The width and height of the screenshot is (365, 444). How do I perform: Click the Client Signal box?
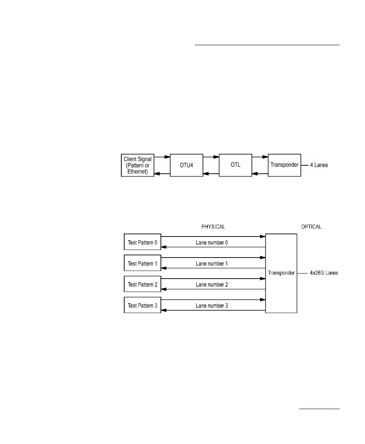[138, 165]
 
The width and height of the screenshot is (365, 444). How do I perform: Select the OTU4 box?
[186, 165]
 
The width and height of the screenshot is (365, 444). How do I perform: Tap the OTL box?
[235, 165]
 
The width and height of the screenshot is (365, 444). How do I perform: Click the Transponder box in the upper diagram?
[284, 165]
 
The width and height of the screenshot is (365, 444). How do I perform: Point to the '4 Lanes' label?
[319, 165]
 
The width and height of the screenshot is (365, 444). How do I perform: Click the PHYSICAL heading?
[213, 227]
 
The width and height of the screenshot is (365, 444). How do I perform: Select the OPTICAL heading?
[311, 227]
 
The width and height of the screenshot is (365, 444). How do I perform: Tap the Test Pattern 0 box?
[142, 242]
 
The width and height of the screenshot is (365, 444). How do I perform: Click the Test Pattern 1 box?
[142, 263]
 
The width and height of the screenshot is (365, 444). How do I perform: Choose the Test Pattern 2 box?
[142, 284]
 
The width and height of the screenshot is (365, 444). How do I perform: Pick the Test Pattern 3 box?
[142, 305]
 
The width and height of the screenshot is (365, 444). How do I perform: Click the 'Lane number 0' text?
[212, 243]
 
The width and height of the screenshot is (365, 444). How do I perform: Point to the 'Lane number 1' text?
[212, 264]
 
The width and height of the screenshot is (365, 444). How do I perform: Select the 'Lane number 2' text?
[212, 285]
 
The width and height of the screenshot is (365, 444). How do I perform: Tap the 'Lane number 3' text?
[212, 306]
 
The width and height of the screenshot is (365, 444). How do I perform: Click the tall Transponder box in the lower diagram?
[281, 273]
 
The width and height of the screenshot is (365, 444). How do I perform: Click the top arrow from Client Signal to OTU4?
[162, 157]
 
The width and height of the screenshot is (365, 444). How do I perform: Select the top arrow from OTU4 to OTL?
[211, 157]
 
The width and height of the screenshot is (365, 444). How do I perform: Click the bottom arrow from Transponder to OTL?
[260, 174]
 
